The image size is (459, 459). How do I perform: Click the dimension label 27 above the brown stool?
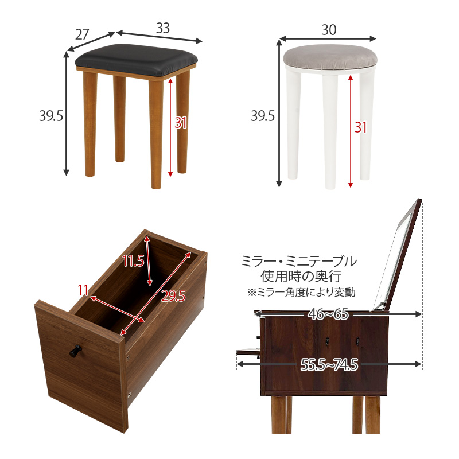82,34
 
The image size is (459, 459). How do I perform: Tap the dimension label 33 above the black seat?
163,27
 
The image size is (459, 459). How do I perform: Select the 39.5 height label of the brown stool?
51,115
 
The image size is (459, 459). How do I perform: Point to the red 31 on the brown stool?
181,123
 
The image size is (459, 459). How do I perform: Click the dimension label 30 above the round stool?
329,30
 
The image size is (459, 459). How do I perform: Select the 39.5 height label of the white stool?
263,116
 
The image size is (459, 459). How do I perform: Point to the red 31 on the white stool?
360,127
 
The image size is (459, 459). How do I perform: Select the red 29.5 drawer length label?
173,295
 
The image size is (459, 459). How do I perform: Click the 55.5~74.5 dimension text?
329,364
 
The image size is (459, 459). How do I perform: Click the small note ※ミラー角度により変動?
301,292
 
